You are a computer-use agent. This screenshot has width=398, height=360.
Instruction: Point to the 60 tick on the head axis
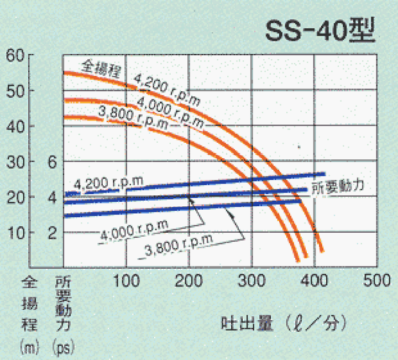[x=16, y=56]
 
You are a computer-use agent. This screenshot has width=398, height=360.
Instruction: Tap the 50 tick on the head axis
[x=16, y=91]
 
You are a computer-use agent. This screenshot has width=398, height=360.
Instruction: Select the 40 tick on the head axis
[x=16, y=126]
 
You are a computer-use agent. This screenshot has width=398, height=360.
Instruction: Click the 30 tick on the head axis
[x=16, y=162]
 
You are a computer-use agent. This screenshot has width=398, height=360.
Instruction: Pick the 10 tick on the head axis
[x=16, y=232]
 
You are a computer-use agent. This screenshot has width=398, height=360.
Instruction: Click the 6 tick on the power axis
[x=53, y=162]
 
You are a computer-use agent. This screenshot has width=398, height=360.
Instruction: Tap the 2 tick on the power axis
[x=53, y=232]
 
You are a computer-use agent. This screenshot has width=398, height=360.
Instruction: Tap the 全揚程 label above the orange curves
[x=102, y=67]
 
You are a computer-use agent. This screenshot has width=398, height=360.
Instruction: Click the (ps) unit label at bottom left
[x=63, y=348]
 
